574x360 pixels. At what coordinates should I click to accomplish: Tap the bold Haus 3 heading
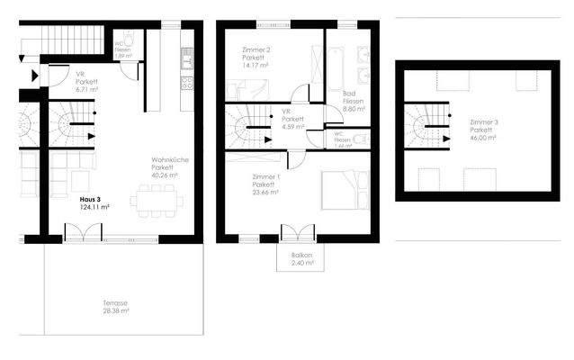point(89,199)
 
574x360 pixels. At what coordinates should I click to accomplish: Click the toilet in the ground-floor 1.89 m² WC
point(131,40)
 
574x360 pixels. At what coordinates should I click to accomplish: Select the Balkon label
point(301,256)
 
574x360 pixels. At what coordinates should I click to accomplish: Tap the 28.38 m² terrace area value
point(115,311)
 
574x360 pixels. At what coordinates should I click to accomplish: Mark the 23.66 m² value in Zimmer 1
point(266,192)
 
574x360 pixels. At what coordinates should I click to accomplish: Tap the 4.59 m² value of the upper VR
point(291,128)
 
